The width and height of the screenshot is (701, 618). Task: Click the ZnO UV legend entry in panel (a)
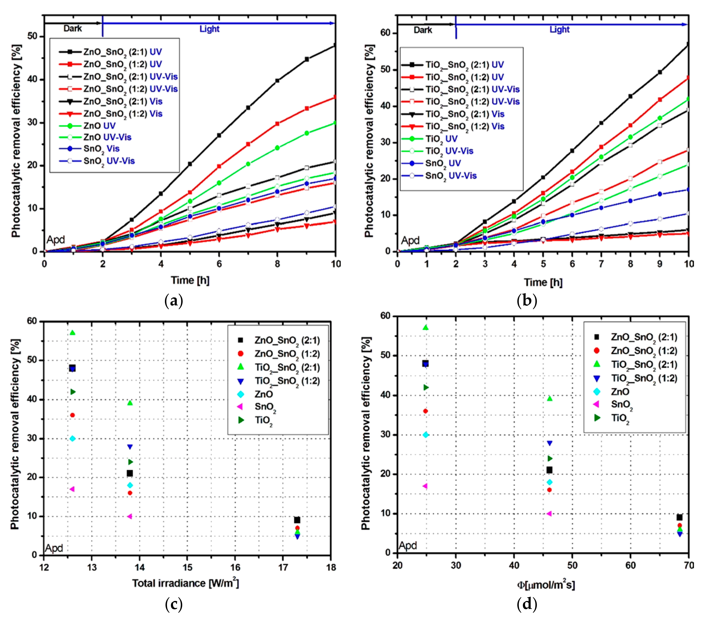pos(99,126)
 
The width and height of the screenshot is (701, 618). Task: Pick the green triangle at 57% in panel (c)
pos(72,333)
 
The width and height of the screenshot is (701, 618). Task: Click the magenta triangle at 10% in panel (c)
pos(130,516)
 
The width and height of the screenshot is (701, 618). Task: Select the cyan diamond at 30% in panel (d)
pos(426,435)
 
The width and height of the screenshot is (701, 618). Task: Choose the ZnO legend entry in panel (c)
pos(263,394)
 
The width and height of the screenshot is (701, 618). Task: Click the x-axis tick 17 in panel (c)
pos(283,567)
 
